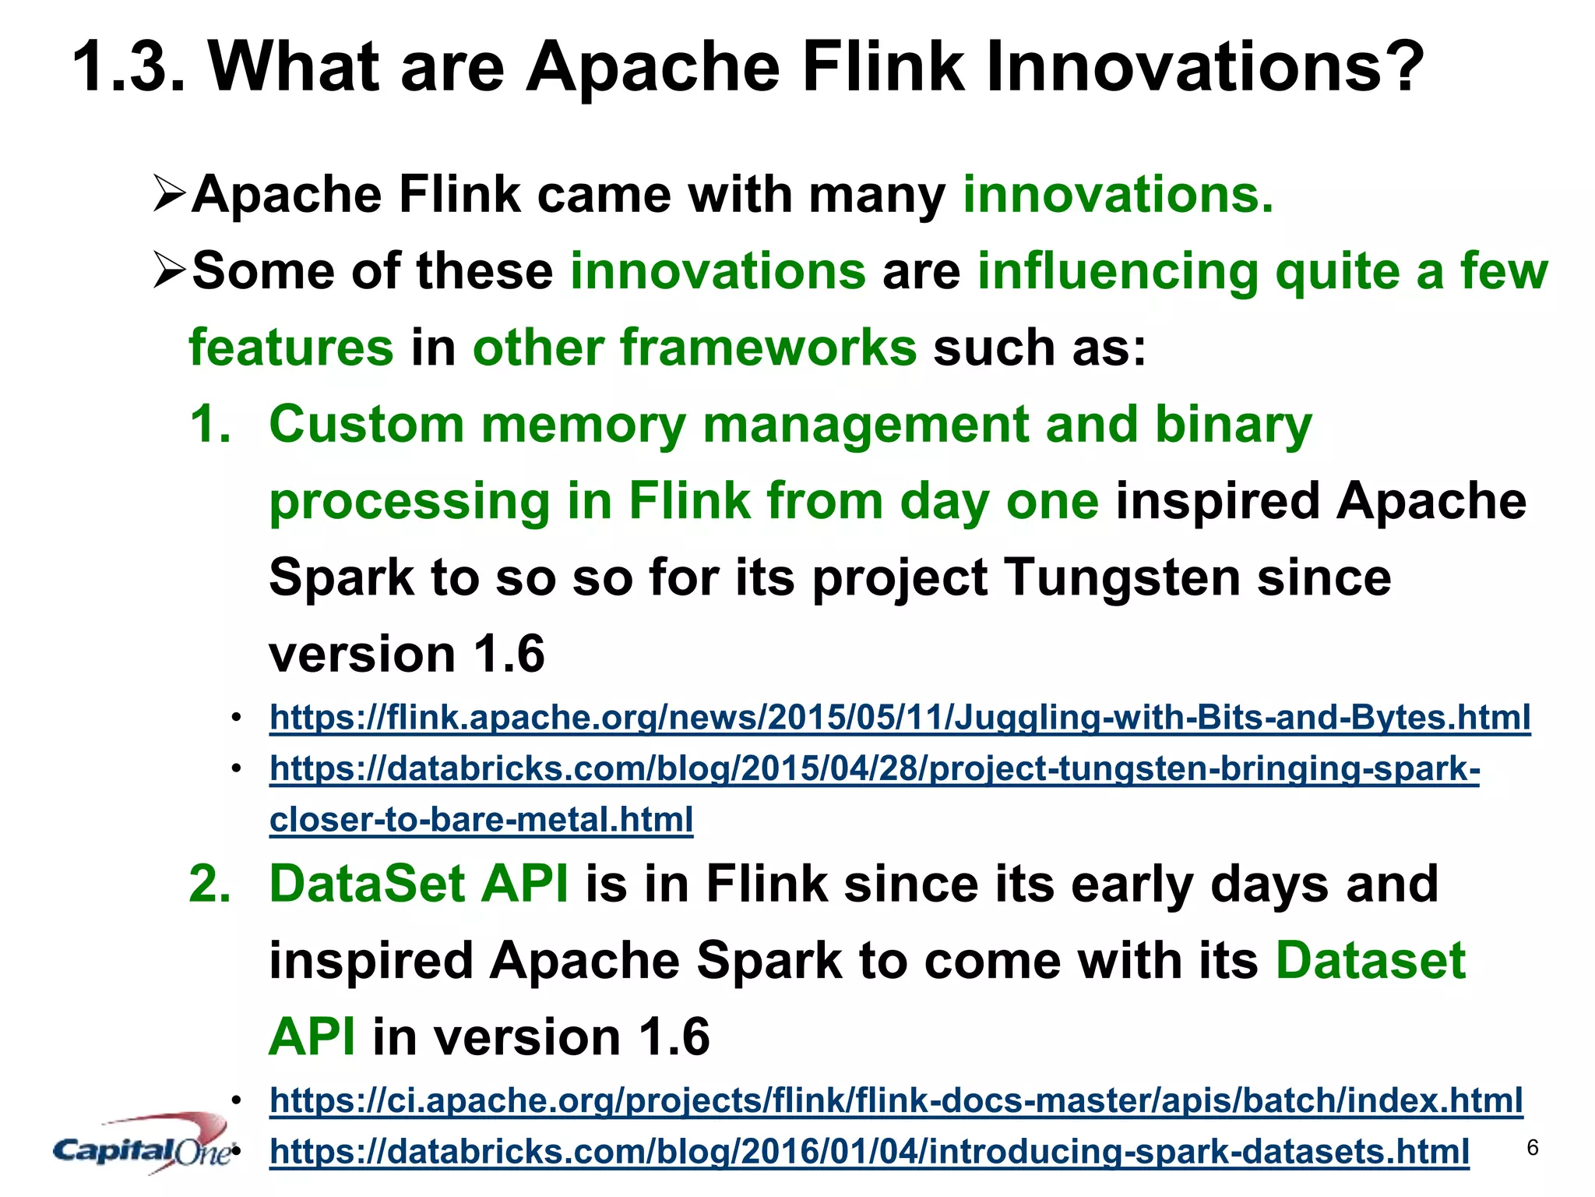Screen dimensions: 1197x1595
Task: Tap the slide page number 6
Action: coord(1532,1148)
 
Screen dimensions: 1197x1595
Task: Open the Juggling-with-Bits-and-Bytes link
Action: coord(900,718)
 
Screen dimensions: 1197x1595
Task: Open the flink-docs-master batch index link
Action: coord(896,1100)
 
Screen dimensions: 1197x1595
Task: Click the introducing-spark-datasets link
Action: coord(869,1152)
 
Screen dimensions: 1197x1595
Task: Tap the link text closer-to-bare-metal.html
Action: coord(481,820)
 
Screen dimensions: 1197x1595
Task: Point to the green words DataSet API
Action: coord(419,885)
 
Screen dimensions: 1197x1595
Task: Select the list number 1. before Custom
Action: coord(210,425)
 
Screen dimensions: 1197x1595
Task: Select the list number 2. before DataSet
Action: coord(210,885)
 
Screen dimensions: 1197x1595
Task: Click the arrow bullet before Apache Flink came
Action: coord(169,194)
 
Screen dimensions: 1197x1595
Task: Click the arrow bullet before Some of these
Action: coord(169,270)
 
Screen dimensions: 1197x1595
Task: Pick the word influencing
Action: coord(1118,272)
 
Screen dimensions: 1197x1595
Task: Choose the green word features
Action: coord(291,348)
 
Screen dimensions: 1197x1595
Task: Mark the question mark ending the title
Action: coord(1402,67)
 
